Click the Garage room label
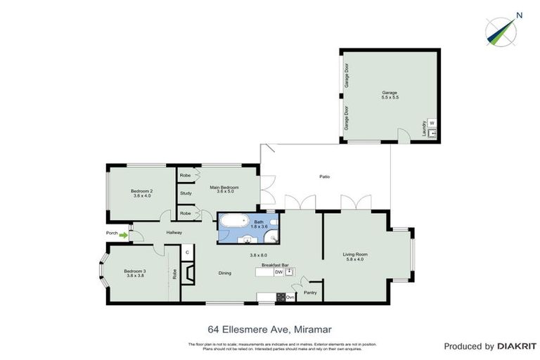[390, 93]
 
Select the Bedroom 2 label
[142, 191]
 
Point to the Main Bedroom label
[225, 187]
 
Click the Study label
[186, 193]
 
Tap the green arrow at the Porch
[124, 235]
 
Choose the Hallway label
[174, 233]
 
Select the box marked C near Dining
[188, 251]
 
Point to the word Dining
[225, 273]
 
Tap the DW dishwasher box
[278, 272]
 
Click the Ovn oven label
[290, 297]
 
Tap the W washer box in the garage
[432, 122]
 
